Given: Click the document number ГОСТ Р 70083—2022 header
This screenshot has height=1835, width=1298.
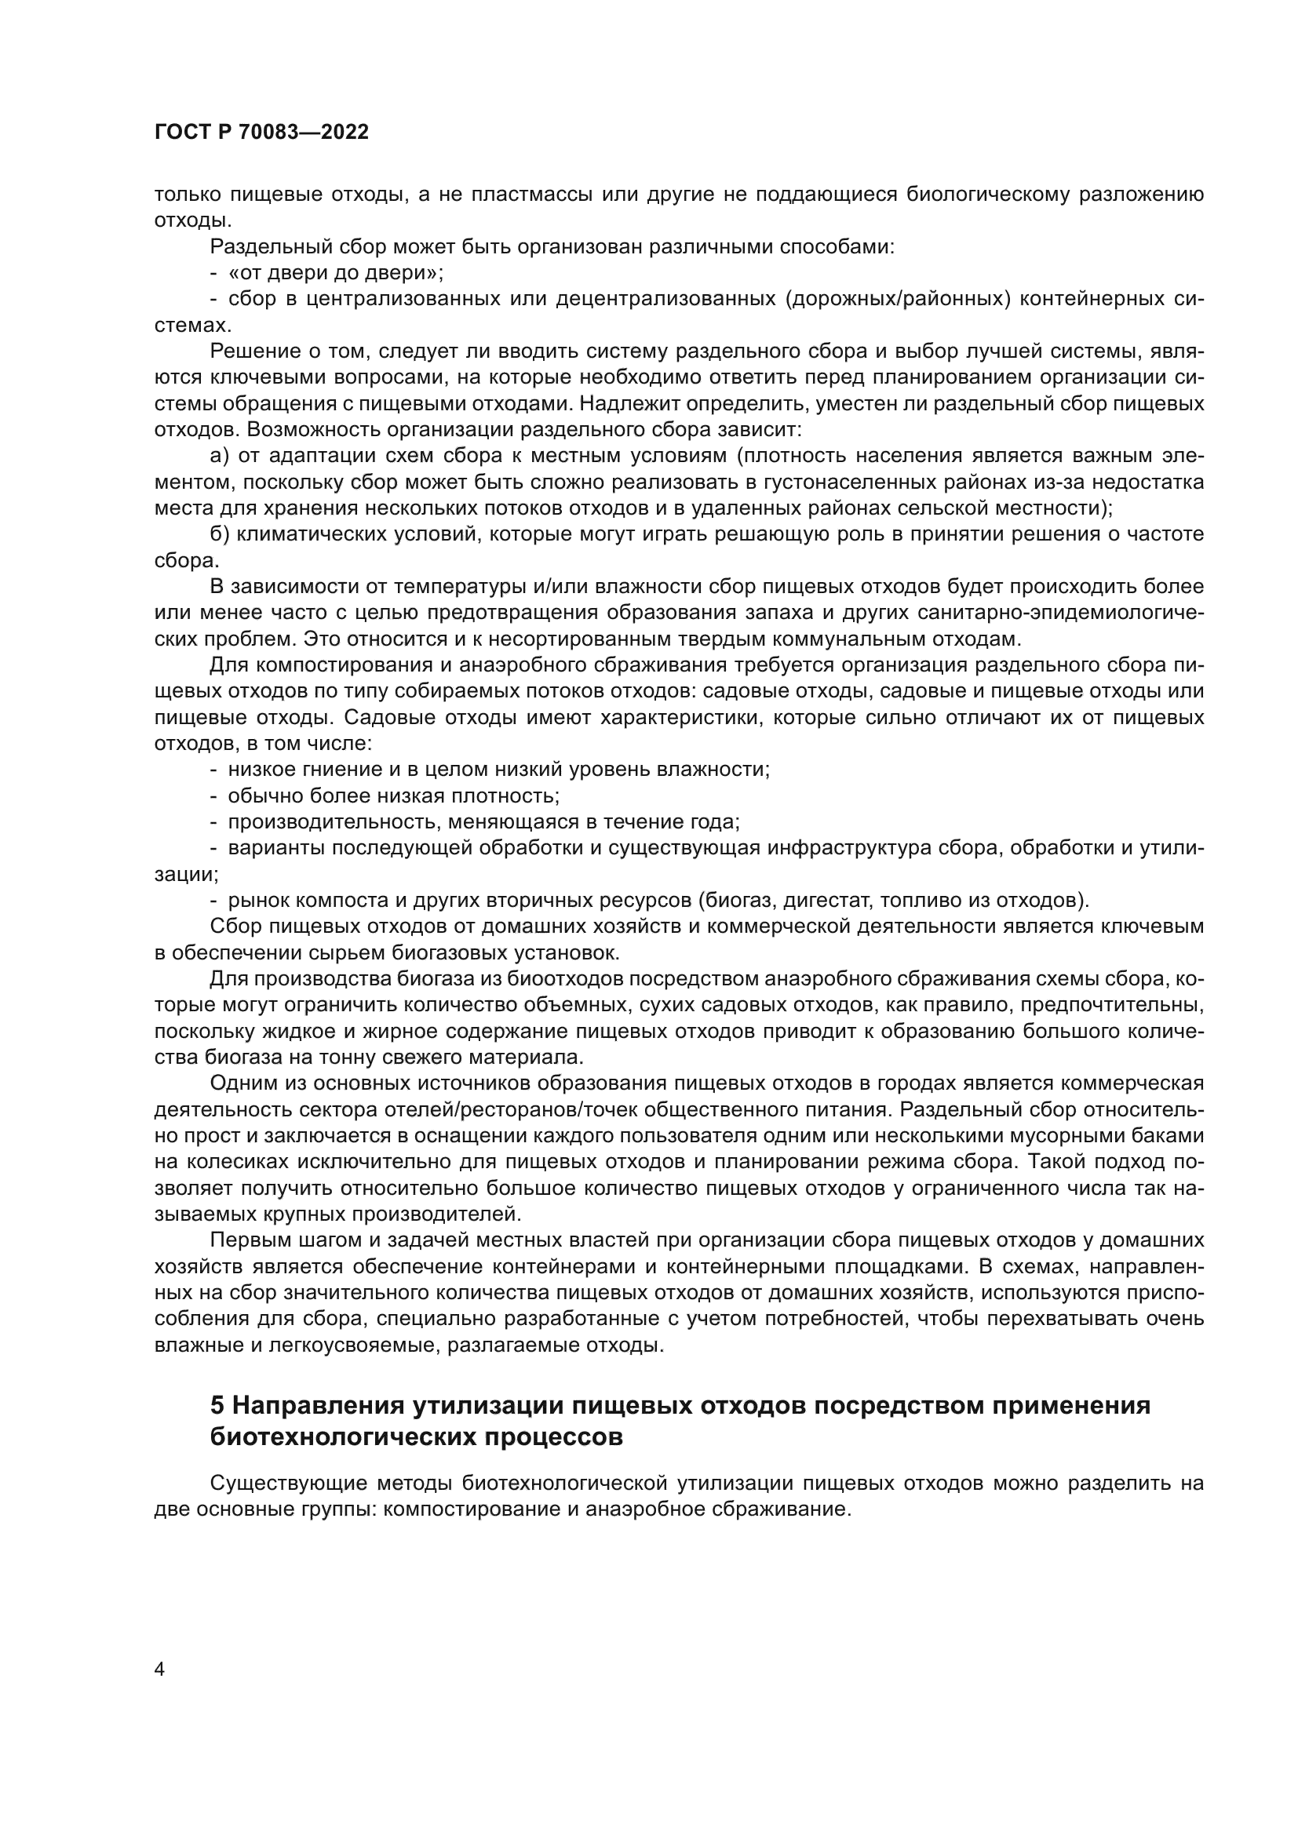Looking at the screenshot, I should click(x=261, y=133).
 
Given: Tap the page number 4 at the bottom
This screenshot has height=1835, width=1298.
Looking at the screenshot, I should click(x=159, y=1669).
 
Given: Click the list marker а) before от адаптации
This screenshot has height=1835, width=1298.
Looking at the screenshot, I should click(x=220, y=456).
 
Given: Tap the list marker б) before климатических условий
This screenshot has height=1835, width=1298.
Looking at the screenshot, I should click(x=220, y=534).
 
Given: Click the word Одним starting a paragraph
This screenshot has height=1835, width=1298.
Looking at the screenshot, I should click(x=242, y=1083).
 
